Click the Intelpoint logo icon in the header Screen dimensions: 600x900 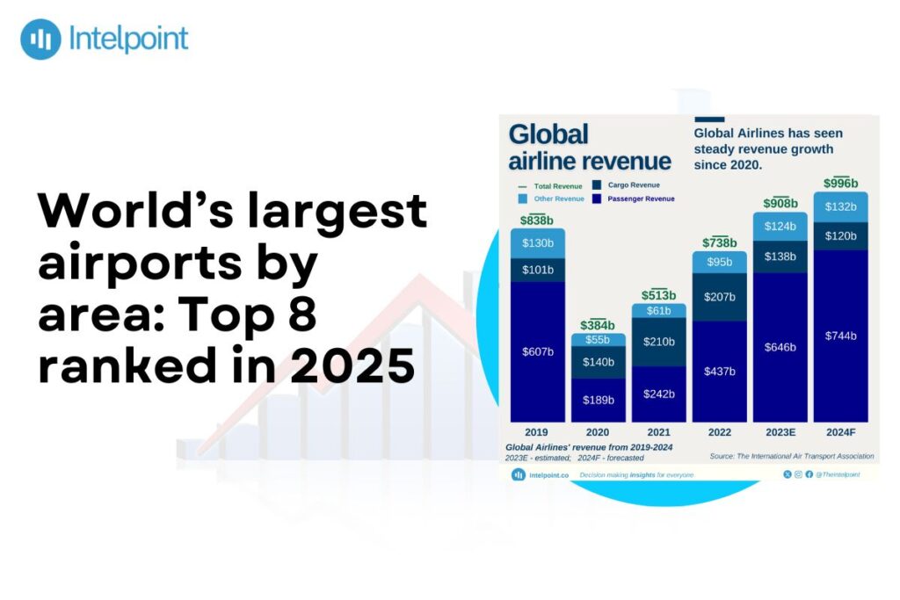[x=40, y=39]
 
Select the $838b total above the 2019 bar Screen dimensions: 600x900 [x=537, y=220]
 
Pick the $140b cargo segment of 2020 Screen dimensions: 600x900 [x=599, y=361]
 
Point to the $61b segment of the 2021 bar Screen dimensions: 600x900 [x=658, y=311]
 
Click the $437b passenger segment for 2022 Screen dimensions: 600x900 [x=720, y=371]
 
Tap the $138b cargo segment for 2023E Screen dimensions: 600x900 [x=780, y=257]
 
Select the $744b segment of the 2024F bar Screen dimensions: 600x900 [x=840, y=336]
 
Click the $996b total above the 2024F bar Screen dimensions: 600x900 [x=840, y=183]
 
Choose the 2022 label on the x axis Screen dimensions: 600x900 [x=720, y=432]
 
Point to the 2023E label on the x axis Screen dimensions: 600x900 [x=780, y=432]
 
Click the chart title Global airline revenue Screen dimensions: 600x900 [x=589, y=148]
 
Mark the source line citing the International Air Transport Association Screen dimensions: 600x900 [x=791, y=456]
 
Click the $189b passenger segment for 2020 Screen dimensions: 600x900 [x=599, y=401]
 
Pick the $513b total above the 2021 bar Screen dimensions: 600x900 [x=658, y=295]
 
